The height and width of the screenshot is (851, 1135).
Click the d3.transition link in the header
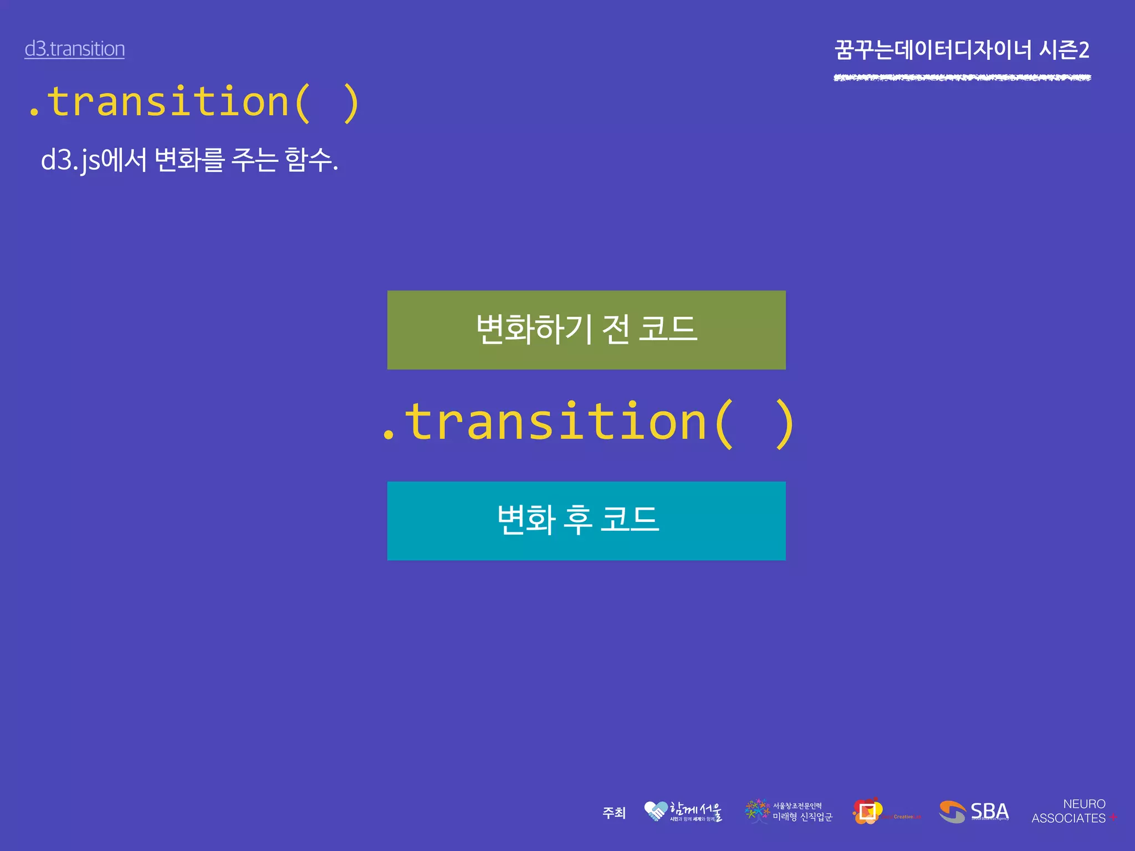coord(74,49)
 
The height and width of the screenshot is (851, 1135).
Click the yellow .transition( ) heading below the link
coord(194,103)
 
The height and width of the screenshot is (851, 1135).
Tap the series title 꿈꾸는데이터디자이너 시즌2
coord(962,50)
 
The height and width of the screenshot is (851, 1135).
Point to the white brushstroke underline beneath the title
coord(962,78)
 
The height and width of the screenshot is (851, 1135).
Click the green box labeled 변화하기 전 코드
coord(586,330)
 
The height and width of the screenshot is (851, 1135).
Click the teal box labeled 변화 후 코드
coord(586,521)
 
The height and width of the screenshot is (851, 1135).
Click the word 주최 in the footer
coord(614,813)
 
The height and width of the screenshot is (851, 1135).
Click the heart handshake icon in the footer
coord(656,811)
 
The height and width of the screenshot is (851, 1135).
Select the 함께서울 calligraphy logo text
coord(696,810)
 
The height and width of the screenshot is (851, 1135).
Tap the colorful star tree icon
coord(757,811)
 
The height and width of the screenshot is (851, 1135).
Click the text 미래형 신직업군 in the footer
coord(802,817)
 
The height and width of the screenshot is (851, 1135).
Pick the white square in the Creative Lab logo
coord(867,812)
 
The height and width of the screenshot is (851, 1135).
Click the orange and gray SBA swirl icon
coord(952,812)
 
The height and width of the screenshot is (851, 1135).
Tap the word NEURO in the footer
coord(1084,804)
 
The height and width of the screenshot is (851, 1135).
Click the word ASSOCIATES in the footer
coord(1068,818)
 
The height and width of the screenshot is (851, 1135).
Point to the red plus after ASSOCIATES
coord(1113,817)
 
